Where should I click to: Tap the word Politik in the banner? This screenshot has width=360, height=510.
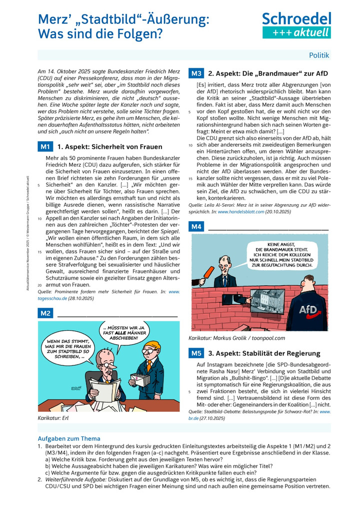click(x=319, y=56)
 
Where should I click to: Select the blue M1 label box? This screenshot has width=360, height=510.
click(x=45, y=147)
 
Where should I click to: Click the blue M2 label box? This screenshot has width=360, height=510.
click(x=45, y=314)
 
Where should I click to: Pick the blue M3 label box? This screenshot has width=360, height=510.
click(x=196, y=74)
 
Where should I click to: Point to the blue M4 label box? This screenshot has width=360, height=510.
click(x=196, y=227)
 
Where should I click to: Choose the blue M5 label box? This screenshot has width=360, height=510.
click(x=196, y=353)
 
